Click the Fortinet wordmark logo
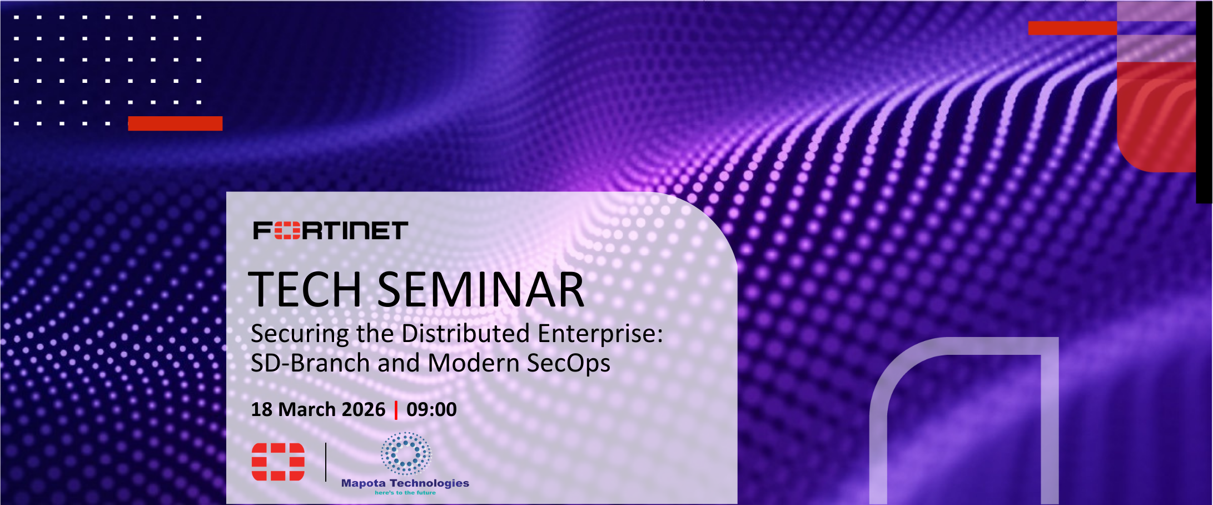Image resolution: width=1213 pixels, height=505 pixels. (331, 230)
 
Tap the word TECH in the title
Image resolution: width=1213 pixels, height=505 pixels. (305, 289)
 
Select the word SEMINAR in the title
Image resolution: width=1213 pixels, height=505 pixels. (481, 289)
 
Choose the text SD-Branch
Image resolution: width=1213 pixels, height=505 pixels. (310, 363)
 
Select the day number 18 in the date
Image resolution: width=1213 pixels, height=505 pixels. (262, 409)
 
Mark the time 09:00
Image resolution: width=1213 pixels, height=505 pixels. (431, 409)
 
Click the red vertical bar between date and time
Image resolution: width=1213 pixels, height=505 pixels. (396, 410)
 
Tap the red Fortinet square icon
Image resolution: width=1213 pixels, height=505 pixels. (278, 462)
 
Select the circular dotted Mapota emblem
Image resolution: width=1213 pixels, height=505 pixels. (406, 454)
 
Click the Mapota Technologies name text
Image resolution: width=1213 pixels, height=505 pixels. (405, 483)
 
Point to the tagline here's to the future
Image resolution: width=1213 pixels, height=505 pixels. (405, 493)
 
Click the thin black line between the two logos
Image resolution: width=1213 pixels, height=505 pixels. (326, 462)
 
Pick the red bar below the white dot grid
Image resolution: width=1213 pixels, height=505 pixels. (175, 123)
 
